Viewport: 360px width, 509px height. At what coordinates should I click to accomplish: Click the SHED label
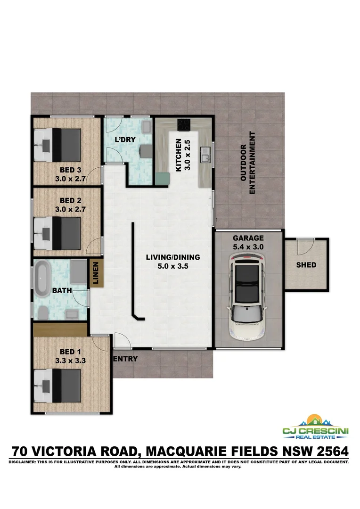(x=306, y=265)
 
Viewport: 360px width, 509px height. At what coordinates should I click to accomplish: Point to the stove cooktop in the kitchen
(x=183, y=125)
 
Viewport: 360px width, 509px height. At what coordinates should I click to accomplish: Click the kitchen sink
(x=205, y=154)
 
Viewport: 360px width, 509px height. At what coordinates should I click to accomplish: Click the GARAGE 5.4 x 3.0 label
(x=248, y=242)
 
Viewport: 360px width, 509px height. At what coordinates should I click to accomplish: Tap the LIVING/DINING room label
(x=172, y=262)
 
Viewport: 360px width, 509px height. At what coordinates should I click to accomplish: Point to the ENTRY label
(x=126, y=359)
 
